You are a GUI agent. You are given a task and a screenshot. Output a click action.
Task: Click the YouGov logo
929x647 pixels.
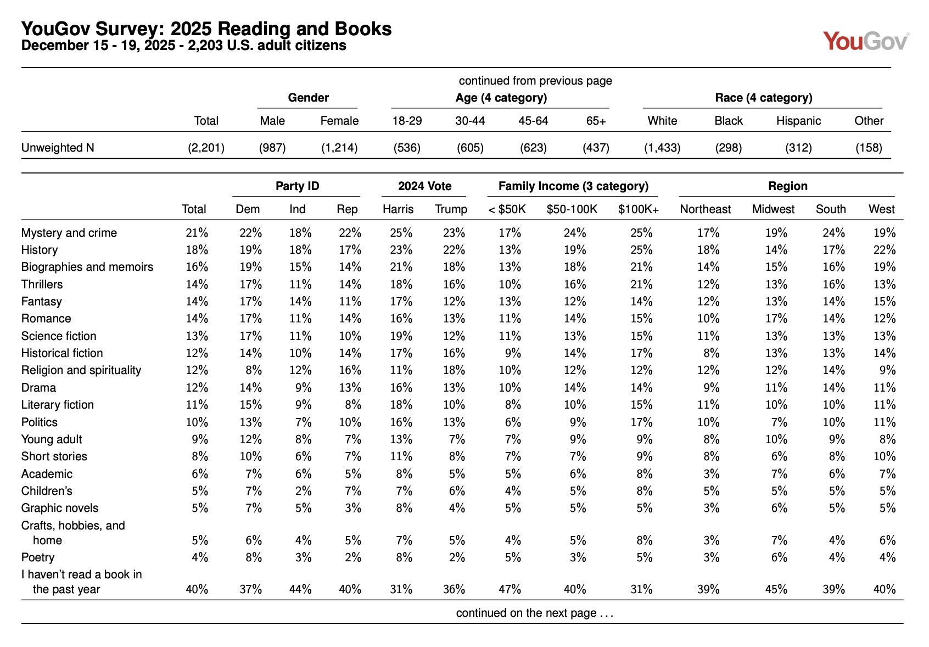(x=866, y=41)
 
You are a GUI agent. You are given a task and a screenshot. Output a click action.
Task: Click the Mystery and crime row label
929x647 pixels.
(x=69, y=233)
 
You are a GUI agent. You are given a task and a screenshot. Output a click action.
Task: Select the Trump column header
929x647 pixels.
(x=451, y=209)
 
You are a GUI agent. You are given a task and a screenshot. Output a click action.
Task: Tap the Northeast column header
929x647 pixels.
(x=705, y=209)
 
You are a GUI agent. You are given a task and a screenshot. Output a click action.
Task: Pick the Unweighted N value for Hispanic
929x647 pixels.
(x=798, y=148)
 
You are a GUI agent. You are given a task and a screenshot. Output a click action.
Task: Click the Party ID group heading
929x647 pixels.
(x=297, y=186)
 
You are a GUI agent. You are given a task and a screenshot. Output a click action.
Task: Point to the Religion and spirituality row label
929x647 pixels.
(x=81, y=370)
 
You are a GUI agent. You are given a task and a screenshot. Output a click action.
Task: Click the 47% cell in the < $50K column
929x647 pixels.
(x=510, y=589)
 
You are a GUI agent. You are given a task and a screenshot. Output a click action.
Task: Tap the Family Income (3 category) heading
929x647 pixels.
(x=573, y=186)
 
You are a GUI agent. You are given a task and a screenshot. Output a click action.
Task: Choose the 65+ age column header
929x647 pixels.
(x=596, y=121)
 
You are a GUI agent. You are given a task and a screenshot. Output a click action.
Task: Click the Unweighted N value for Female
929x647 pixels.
(x=339, y=148)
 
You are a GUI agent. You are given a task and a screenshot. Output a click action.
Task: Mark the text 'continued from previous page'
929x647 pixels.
(x=535, y=81)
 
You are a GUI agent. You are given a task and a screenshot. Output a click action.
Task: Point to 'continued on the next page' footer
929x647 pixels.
(x=534, y=613)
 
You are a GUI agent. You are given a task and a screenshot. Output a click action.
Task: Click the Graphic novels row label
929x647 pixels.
(x=59, y=508)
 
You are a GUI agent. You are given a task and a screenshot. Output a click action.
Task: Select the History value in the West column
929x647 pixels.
(x=884, y=250)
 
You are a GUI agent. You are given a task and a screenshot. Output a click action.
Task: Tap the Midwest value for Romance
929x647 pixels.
(x=776, y=319)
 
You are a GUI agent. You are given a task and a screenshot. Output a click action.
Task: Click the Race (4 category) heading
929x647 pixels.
(x=763, y=98)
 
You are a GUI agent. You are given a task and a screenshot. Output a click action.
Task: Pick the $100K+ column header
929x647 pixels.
(x=638, y=209)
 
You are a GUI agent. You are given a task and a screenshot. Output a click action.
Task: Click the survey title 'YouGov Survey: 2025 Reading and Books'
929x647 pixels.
(x=206, y=29)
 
